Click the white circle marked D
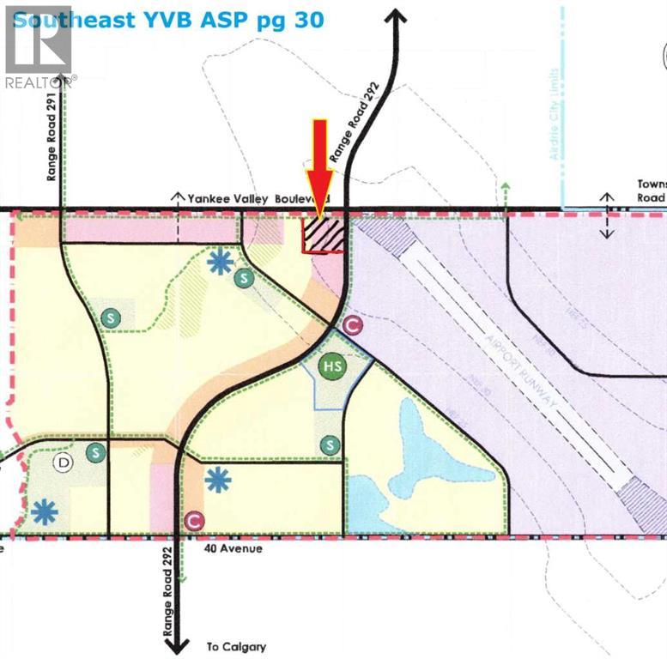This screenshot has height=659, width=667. [63, 463]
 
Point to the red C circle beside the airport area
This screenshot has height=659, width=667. [350, 325]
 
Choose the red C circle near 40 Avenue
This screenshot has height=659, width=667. [195, 520]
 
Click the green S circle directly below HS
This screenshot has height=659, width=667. [330, 444]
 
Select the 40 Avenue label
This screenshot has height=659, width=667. [233, 548]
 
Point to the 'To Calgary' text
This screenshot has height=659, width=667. [236, 647]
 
